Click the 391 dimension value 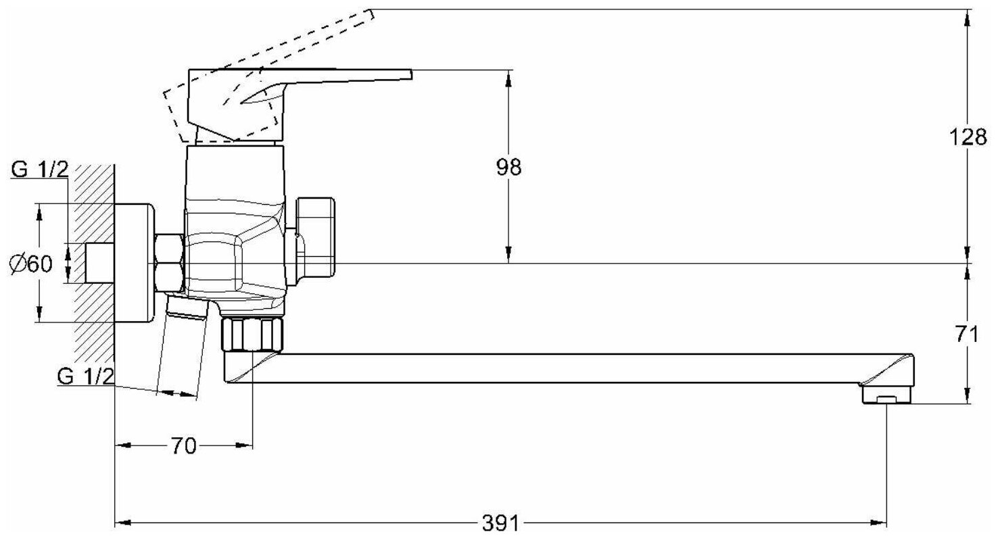(x=501, y=523)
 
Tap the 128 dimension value (x=968, y=137)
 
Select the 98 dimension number (x=508, y=167)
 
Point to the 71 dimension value (x=968, y=334)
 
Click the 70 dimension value (x=183, y=446)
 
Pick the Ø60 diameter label (x=31, y=264)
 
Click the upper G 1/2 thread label (x=40, y=170)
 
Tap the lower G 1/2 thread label (x=86, y=376)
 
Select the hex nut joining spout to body (x=252, y=334)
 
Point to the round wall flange (x=135, y=263)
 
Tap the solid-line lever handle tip (x=408, y=74)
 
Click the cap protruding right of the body (x=316, y=237)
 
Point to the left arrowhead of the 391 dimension (x=122, y=523)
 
